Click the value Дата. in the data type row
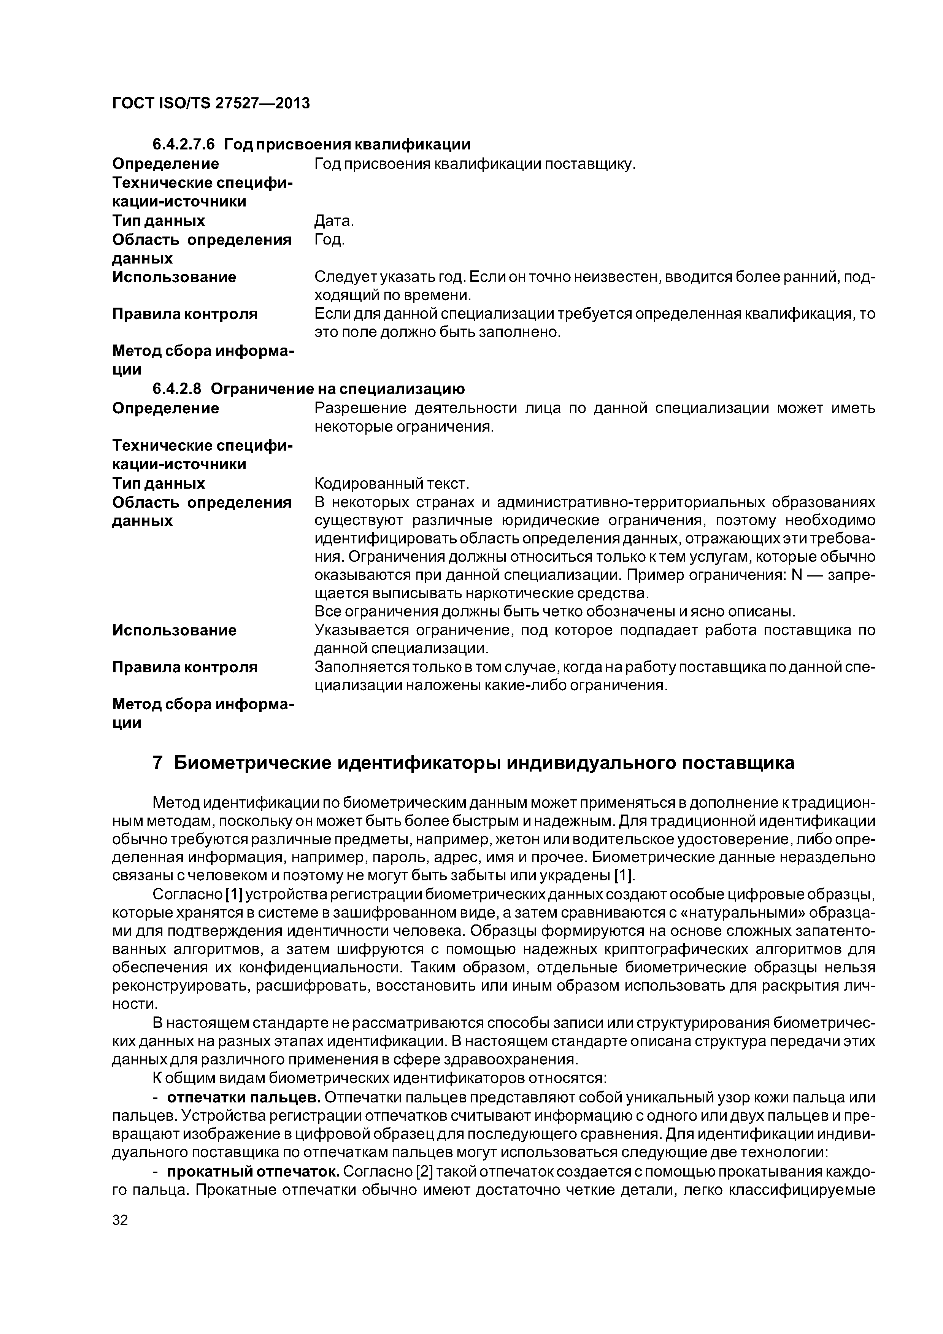(333, 221)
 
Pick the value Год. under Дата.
(329, 239)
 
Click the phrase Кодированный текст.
(391, 483)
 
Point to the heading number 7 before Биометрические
(157, 763)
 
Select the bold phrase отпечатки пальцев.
(244, 1097)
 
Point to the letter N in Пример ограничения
(797, 575)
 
